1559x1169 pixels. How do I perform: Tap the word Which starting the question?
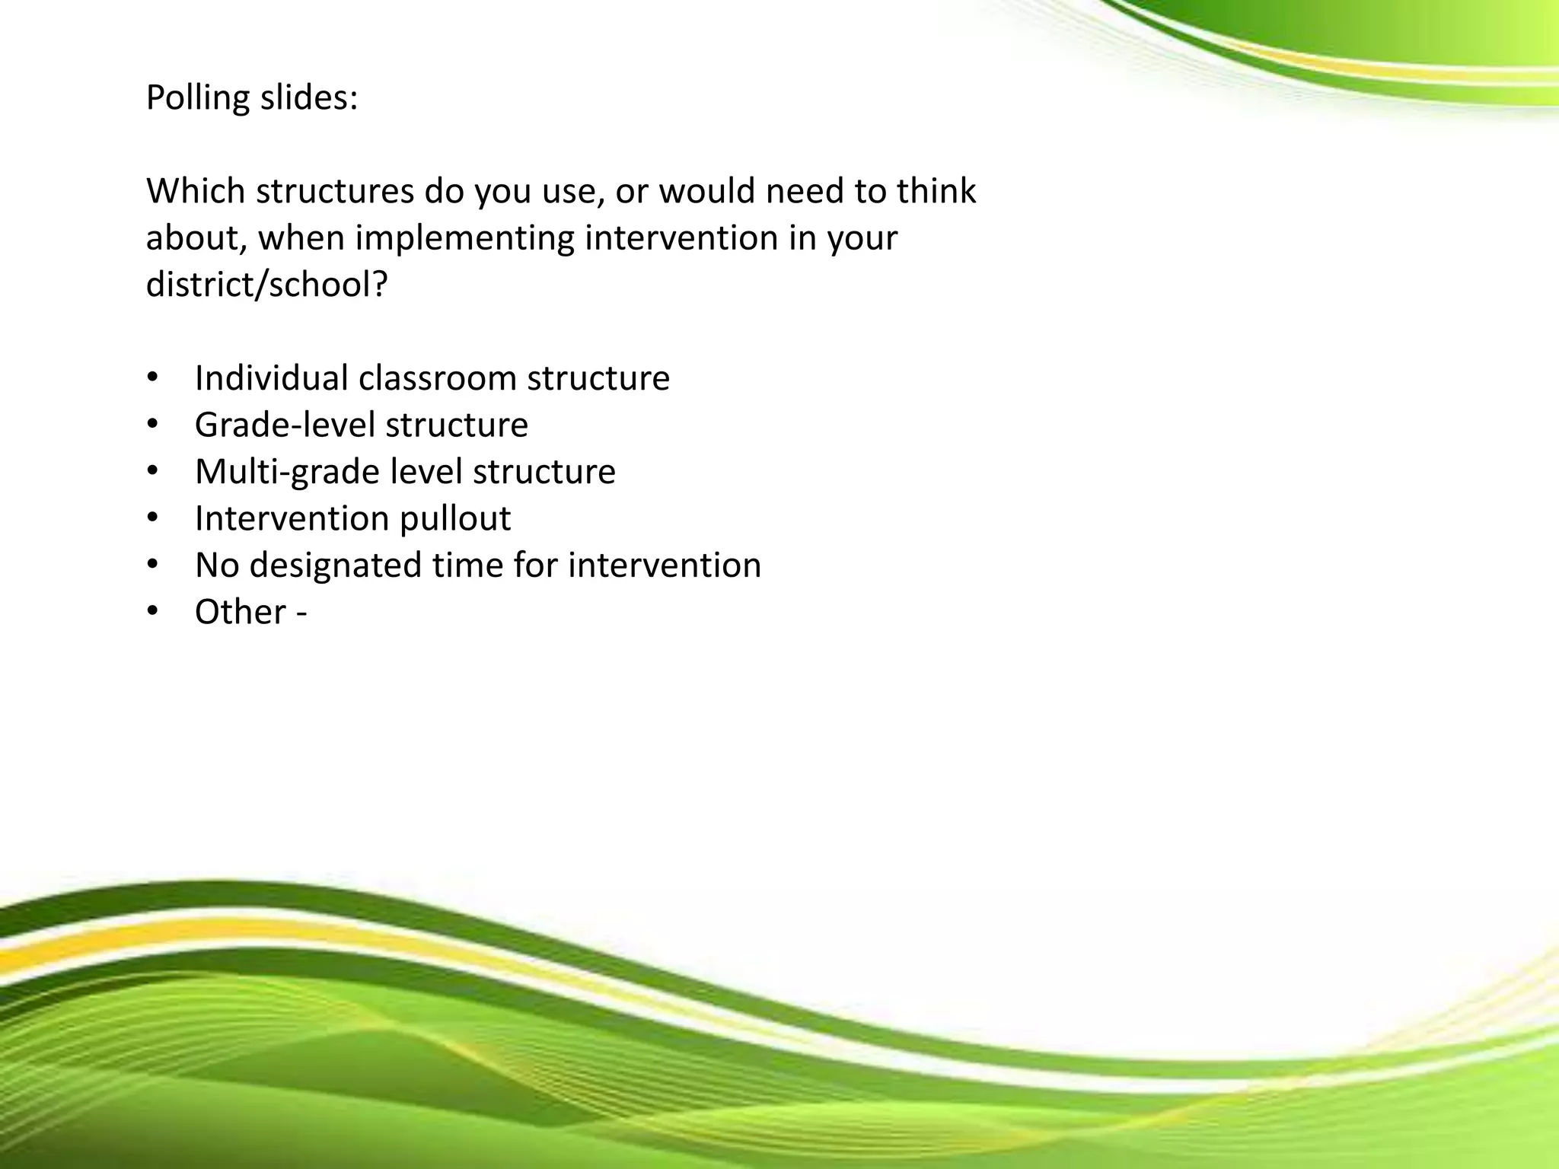pyautogui.click(x=195, y=191)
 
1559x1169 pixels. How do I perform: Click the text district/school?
pyautogui.click(x=266, y=285)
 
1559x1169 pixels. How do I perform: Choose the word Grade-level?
pyautogui.click(x=285, y=425)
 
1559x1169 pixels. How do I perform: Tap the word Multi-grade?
pyautogui.click(x=287, y=473)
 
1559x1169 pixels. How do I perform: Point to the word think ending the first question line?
pyautogui.click(x=936, y=191)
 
